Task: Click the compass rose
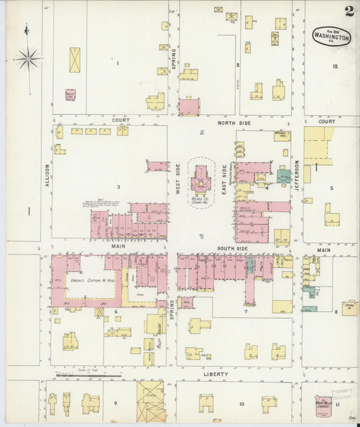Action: pyautogui.click(x=28, y=59)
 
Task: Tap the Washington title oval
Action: pyautogui.click(x=332, y=38)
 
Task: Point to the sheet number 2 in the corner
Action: pyautogui.click(x=349, y=11)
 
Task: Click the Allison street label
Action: pyautogui.click(x=47, y=175)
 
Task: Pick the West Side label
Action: pyautogui.click(x=178, y=179)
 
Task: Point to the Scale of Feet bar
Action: pyautogui.click(x=88, y=373)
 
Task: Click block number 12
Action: pyautogui.click(x=335, y=66)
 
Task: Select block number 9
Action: pyautogui.click(x=115, y=404)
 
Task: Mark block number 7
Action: pyautogui.click(x=246, y=312)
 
